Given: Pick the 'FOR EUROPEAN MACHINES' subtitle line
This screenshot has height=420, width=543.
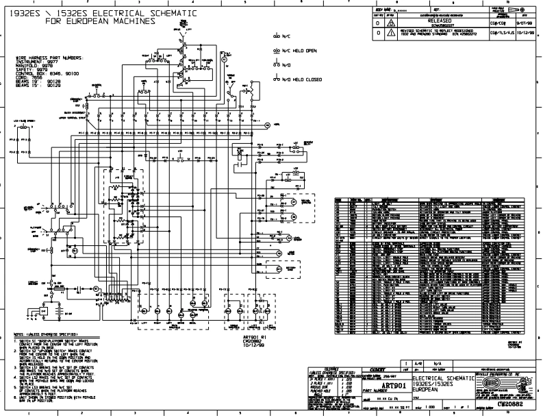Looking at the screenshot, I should [x=100, y=21].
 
